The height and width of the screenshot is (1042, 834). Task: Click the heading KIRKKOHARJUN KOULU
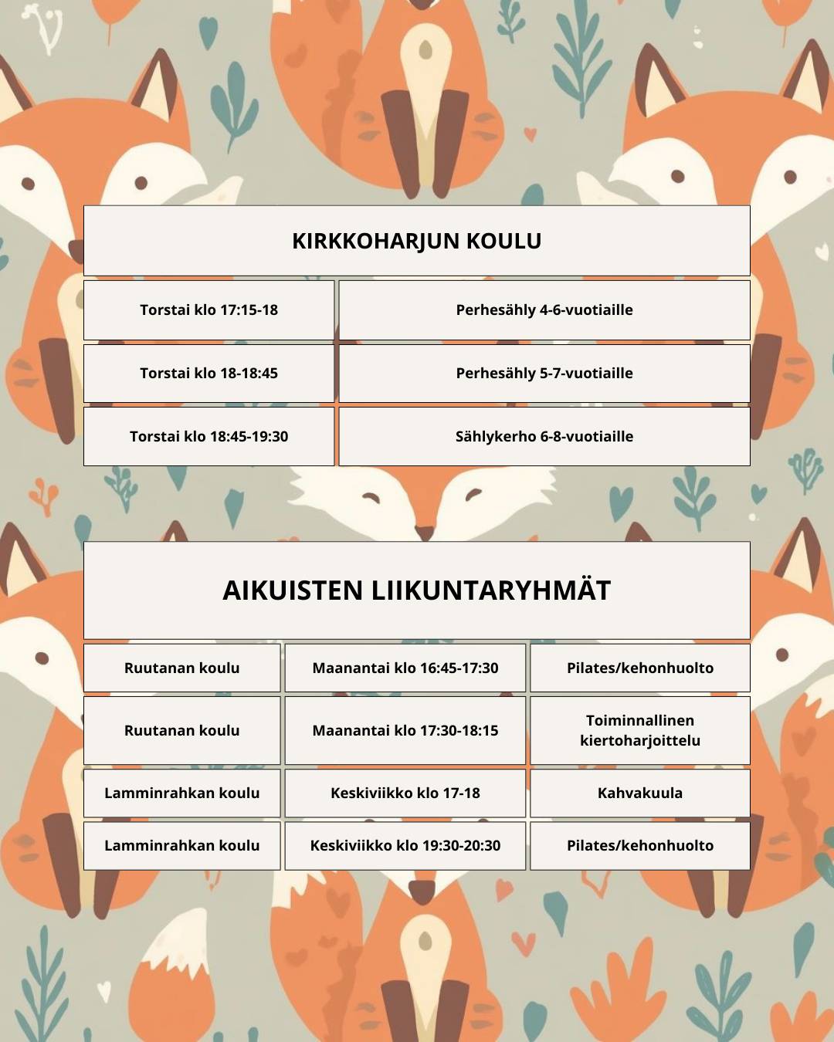pos(416,241)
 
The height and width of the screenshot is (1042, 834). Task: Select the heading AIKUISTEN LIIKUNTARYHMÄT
pos(416,590)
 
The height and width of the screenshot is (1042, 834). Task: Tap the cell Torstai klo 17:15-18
pos(208,310)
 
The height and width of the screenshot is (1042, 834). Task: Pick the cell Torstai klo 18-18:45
pos(208,374)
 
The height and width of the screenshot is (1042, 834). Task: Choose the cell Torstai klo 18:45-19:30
pos(208,437)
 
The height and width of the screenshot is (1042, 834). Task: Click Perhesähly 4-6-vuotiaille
pos(544,310)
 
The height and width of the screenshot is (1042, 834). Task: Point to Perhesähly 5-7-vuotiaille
pos(544,374)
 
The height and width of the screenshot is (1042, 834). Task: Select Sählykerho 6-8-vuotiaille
pos(544,437)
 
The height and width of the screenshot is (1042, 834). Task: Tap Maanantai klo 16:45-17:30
pos(405,668)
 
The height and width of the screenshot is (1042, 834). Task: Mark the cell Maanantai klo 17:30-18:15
pos(405,731)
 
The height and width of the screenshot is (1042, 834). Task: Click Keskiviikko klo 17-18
pos(405,793)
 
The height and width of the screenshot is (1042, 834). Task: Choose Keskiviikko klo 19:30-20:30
pos(405,846)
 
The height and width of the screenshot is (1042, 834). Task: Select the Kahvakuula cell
pos(639,793)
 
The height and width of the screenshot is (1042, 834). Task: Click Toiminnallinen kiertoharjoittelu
pos(639,731)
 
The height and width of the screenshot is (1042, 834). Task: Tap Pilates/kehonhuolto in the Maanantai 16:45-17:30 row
pos(639,668)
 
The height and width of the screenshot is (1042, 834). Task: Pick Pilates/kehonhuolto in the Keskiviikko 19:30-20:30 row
pos(639,846)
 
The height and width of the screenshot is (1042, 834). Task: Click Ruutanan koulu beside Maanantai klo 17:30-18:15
pos(181,731)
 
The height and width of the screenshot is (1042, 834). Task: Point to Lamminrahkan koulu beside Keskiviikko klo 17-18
pos(181,793)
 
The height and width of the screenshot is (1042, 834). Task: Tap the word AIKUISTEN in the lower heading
pos(293,590)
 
